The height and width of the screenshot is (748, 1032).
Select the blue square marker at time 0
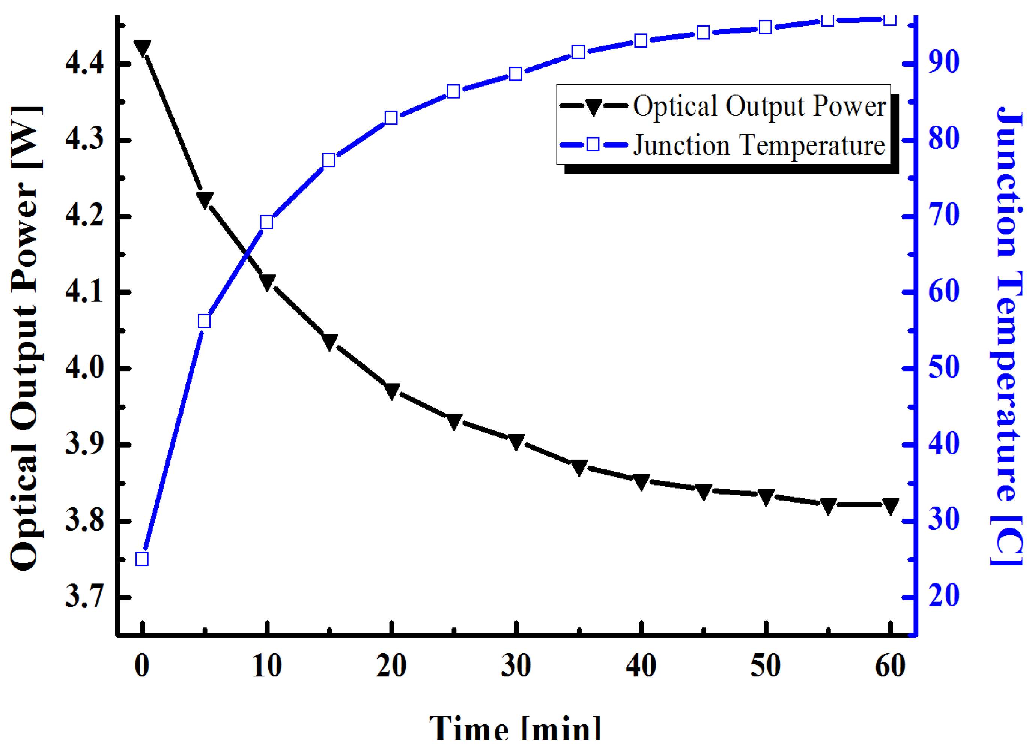(142, 559)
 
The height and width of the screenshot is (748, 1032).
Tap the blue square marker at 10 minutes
(267, 222)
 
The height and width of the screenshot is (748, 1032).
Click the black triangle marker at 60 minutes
(891, 505)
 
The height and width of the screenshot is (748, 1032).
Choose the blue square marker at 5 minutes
(204, 321)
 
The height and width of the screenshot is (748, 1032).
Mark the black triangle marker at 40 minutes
(641, 481)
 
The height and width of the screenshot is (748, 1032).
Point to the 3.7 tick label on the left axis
(85, 597)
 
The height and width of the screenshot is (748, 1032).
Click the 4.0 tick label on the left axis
(85, 368)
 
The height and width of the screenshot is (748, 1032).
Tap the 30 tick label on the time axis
(516, 666)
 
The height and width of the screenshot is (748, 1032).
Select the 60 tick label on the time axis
(890, 666)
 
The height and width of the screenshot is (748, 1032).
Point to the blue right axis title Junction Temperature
(1008, 336)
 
